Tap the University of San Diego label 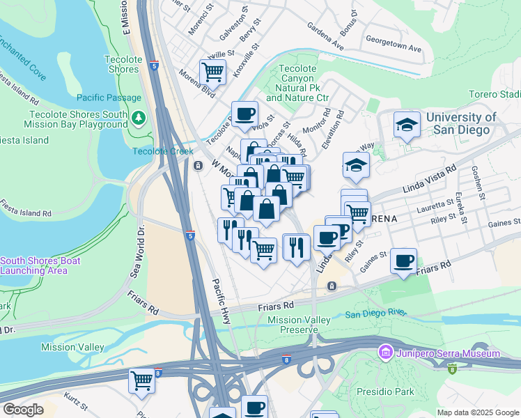(461, 124)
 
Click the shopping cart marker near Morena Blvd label (212, 71)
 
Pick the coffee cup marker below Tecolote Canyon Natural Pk (244, 114)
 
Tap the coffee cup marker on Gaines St (404, 261)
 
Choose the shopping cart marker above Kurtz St (142, 381)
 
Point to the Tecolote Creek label (162, 151)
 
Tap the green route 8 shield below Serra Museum (453, 367)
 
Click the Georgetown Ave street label (394, 49)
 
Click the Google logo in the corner (23, 410)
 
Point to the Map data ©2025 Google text (477, 412)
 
